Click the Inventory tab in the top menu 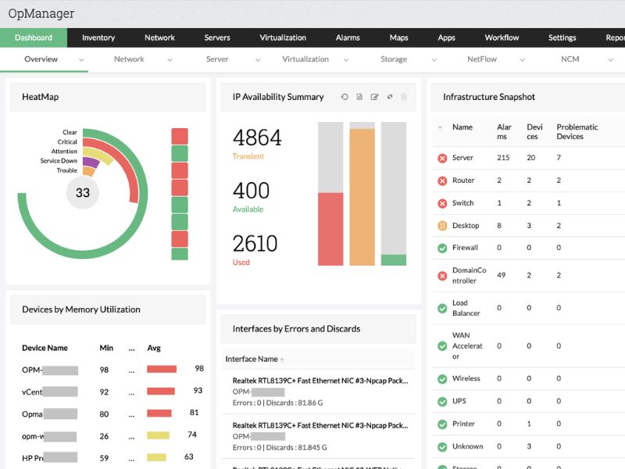click(98, 38)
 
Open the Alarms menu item click(348, 38)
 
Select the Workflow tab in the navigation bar click(502, 38)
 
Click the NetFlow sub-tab click(482, 59)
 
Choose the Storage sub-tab click(394, 59)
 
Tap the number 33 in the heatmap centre click(83, 193)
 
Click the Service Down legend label click(59, 161)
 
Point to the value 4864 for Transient click(257, 138)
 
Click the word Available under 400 click(248, 209)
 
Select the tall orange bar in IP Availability click(362, 195)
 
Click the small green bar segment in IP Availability click(394, 260)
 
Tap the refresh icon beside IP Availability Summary click(345, 97)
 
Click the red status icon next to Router click(442, 181)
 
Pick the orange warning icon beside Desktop click(442, 226)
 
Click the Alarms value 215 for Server click(503, 158)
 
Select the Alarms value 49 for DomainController click(502, 275)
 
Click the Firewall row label click(465, 248)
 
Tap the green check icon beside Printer click(442, 424)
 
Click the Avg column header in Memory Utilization click(154, 348)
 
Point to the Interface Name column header click(252, 359)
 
